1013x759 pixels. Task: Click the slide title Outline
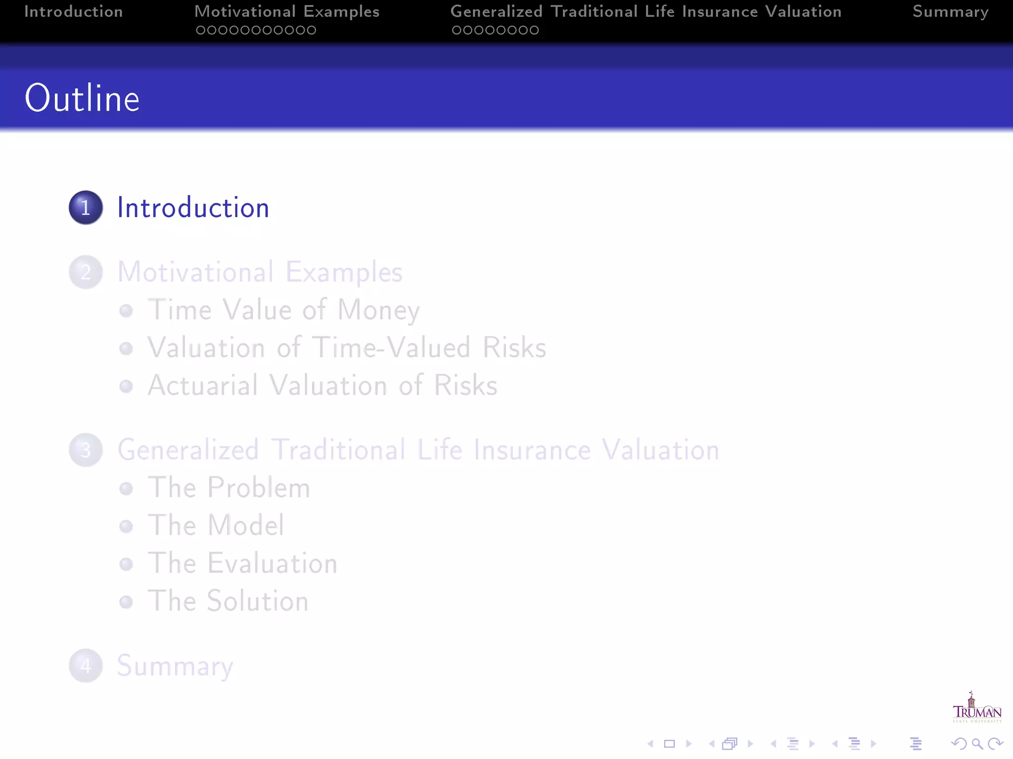click(82, 98)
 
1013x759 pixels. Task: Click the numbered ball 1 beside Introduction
click(86, 208)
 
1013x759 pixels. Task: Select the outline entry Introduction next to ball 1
click(193, 208)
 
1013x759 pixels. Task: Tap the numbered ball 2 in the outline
click(86, 272)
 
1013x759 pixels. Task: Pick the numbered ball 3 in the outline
click(86, 450)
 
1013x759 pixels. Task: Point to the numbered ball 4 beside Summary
click(86, 666)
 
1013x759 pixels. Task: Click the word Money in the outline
click(378, 310)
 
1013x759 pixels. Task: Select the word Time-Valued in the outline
click(391, 347)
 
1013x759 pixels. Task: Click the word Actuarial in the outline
click(203, 385)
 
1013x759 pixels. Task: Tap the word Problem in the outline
click(259, 488)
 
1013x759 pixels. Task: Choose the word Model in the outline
click(246, 525)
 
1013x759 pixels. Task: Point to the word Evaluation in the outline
click(272, 563)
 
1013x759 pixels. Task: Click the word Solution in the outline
click(257, 601)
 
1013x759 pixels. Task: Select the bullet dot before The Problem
click(126, 489)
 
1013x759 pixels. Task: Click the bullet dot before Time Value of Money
click(126, 311)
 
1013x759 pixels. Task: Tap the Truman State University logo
click(977, 708)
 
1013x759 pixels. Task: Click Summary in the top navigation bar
click(950, 12)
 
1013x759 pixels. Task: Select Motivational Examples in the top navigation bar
click(287, 12)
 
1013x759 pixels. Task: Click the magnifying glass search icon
click(977, 744)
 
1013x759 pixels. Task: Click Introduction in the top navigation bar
click(74, 12)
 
